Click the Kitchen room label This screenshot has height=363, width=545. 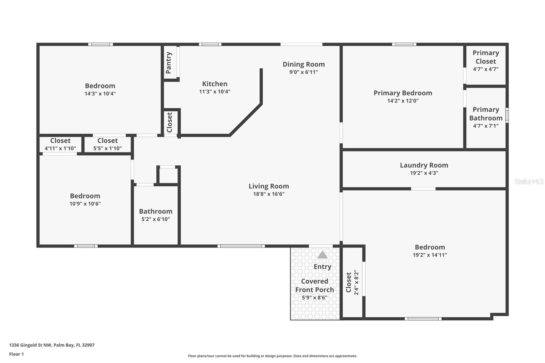point(215,84)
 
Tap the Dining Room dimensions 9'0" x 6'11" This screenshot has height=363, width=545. point(303,72)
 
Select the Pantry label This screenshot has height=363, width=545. point(169,63)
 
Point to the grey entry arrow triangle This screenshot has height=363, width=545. point(322,255)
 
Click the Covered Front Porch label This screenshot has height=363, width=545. point(314,285)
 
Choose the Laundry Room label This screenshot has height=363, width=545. point(424,165)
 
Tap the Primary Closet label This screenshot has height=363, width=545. point(485,57)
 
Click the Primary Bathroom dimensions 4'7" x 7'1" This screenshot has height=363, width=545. point(485,126)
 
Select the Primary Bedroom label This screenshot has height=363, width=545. point(403,93)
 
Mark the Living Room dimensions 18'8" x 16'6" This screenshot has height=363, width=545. point(268,194)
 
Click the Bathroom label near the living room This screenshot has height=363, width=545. point(156,211)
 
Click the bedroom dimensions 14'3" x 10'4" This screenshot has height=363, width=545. point(100,94)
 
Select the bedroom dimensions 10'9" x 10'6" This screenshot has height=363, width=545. point(85,204)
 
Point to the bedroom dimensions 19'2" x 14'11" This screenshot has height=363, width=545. point(430,255)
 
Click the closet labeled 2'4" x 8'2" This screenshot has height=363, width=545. point(352,282)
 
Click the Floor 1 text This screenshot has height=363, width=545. point(16,354)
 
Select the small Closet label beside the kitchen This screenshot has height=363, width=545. point(170,122)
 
